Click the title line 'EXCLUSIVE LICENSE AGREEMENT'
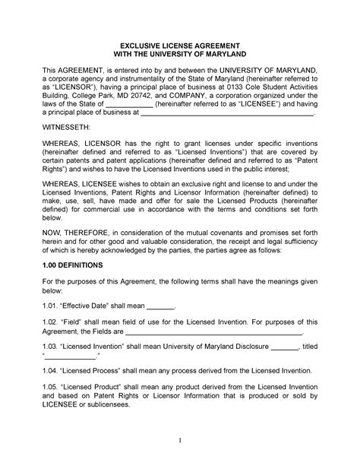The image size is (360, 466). coord(180,46)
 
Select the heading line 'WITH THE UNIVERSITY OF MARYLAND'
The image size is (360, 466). coord(180,56)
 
